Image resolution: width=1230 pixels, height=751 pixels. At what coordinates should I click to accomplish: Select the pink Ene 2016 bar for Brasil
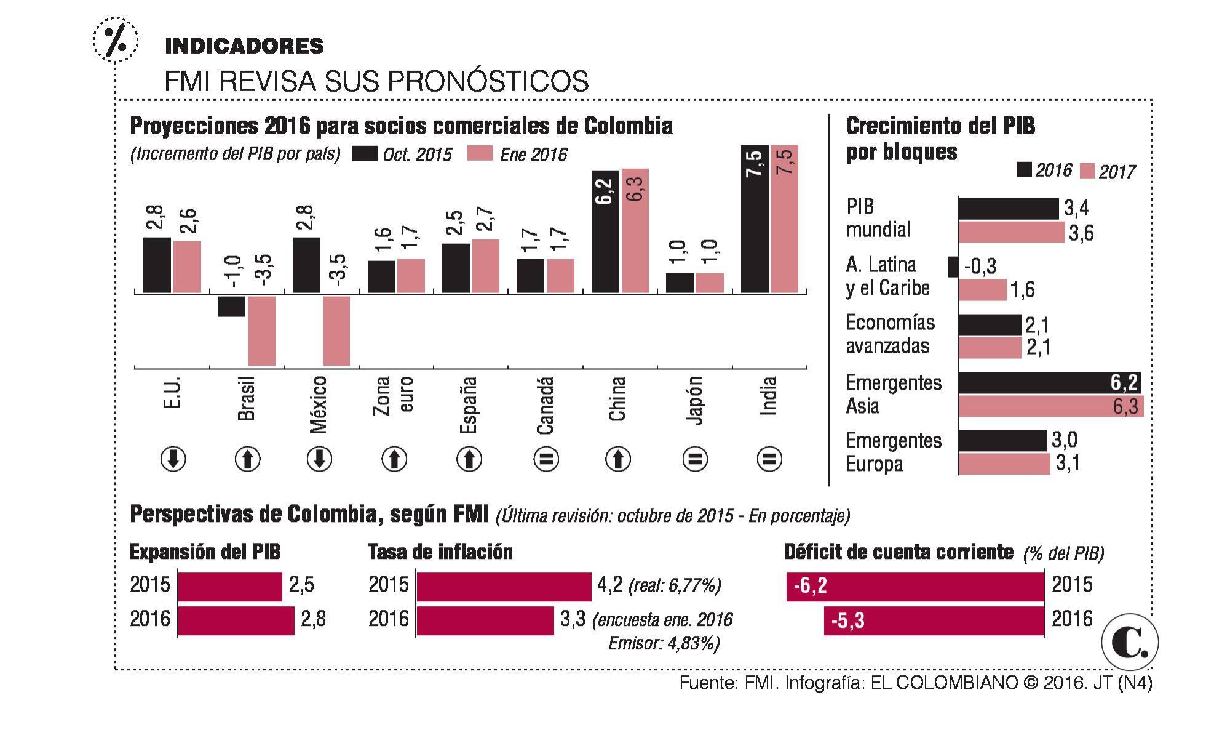coord(261,331)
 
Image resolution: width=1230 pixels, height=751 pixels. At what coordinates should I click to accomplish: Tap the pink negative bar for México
coord(336,331)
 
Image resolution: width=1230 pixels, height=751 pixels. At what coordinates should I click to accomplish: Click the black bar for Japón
coord(680,283)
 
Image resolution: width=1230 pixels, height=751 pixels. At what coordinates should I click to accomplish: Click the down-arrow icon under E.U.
coord(173,459)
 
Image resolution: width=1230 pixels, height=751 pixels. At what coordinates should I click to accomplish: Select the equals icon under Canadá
coord(545,459)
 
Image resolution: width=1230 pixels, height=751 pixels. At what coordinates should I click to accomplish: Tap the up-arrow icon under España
coord(469,459)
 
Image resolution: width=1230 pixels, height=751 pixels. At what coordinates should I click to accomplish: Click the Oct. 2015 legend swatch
coord(365,154)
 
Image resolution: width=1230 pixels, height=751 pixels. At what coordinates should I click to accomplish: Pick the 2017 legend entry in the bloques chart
coord(1107,171)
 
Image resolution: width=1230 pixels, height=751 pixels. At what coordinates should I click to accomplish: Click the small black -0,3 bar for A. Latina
coord(953,267)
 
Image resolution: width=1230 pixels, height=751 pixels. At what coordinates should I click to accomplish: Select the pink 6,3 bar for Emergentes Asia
coord(1050,407)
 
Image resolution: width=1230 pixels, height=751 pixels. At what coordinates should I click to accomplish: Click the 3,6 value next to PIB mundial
coord(1081,234)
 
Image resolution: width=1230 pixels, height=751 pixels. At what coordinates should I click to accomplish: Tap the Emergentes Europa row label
coord(893,452)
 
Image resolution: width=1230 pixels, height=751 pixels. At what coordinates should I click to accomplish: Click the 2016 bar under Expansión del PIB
coord(236,620)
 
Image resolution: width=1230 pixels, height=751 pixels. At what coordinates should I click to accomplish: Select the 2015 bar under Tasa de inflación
coord(504,586)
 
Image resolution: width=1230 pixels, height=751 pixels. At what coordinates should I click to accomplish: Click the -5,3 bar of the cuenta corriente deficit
coord(934,620)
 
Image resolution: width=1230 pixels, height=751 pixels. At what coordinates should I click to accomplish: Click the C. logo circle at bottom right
coord(1130,643)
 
